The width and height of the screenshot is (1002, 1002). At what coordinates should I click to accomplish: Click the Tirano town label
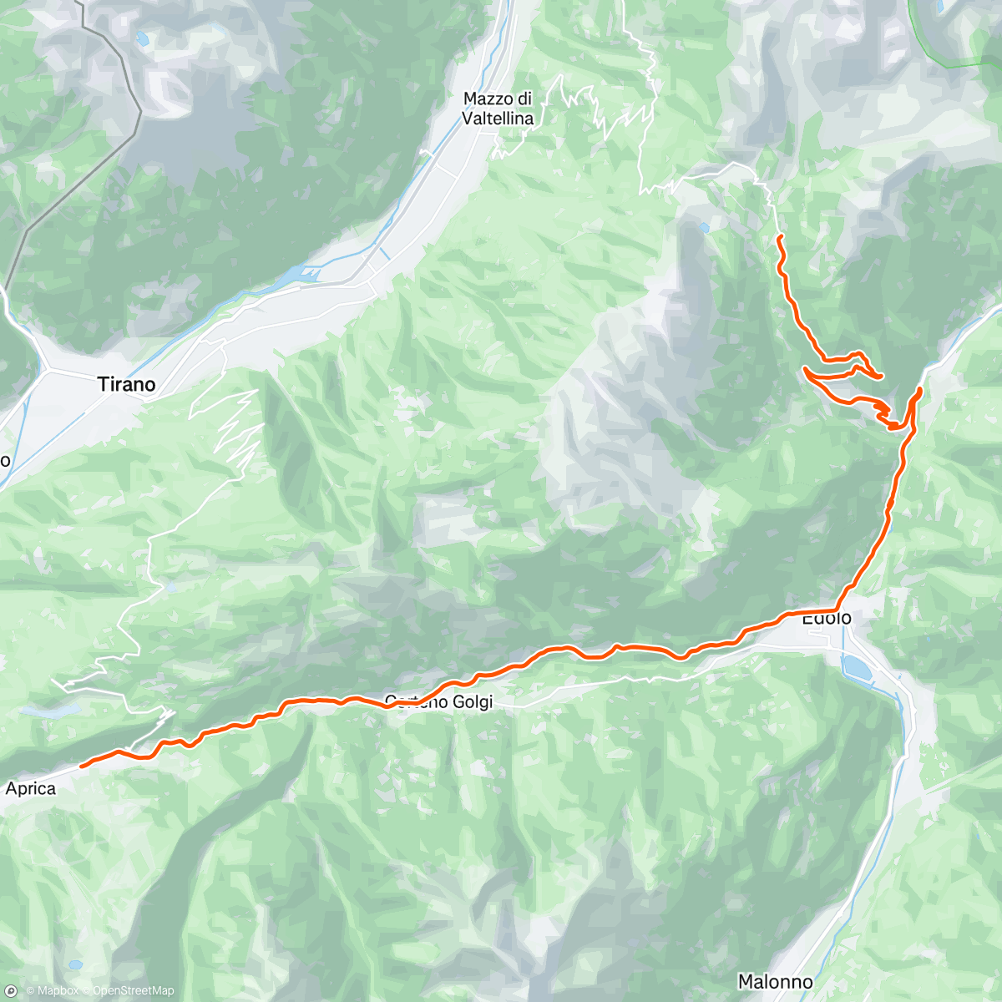coord(126,384)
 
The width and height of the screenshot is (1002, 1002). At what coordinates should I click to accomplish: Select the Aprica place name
coord(31,788)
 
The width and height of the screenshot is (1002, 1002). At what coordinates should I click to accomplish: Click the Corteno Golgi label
coord(439,702)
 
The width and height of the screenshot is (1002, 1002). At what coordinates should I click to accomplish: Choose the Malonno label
coord(775,981)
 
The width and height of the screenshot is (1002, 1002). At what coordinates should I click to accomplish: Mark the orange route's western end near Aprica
coord(82,764)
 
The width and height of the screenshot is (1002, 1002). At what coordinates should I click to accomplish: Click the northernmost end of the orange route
coord(779,238)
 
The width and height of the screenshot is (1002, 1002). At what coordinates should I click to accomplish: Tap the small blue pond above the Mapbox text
coord(76,964)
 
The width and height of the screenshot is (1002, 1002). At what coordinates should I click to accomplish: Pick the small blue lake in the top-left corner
coord(143,38)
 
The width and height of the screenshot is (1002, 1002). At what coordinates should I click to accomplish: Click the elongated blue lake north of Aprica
coord(50,711)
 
